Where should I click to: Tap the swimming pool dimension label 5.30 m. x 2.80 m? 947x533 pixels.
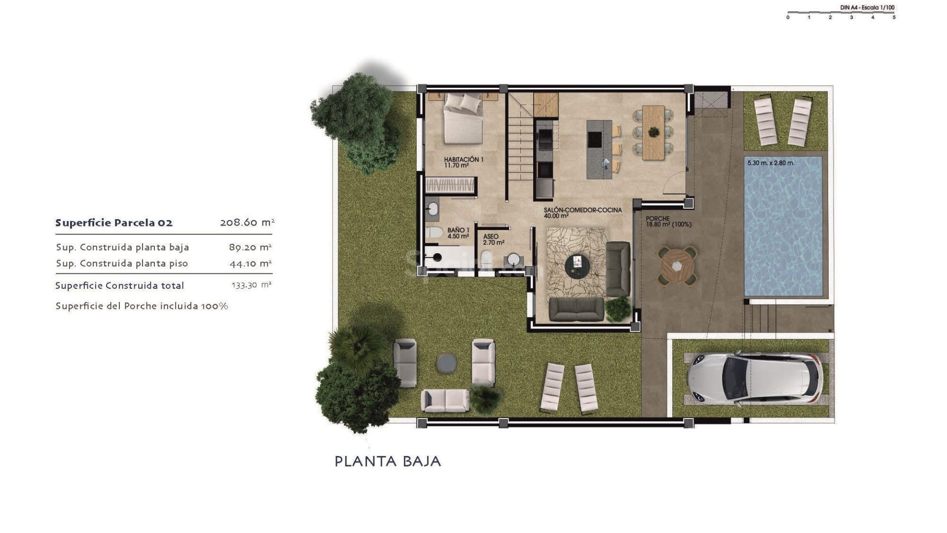[770, 163]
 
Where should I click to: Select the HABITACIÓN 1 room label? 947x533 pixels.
[463, 162]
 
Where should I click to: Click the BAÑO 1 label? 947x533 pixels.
[458, 233]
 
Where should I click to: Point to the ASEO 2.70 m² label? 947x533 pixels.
[493, 240]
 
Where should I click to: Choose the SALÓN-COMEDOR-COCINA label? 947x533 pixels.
[583, 213]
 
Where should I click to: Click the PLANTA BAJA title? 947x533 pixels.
[388, 461]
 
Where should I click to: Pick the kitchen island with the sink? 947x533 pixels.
[599, 149]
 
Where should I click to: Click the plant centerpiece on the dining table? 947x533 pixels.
[654, 132]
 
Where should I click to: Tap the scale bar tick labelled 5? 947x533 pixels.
[894, 18]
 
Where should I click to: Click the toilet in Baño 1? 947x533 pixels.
[434, 232]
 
